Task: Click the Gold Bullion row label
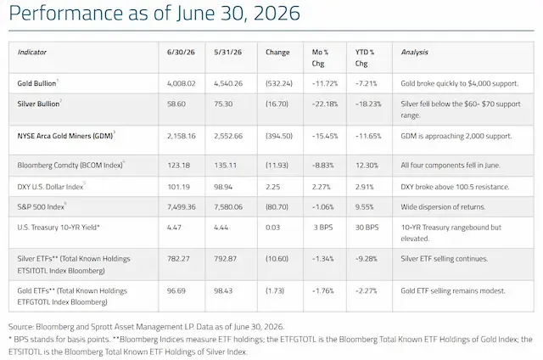36,83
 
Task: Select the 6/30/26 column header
181,53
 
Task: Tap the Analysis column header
415,53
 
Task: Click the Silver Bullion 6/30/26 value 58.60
176,104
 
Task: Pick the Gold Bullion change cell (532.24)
279,83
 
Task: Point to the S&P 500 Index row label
41,207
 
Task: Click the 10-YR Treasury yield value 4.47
174,228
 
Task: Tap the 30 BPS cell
367,228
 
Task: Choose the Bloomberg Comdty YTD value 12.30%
367,166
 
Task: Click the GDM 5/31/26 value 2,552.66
228,136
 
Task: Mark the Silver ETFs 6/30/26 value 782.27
178,259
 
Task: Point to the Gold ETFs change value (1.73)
275,290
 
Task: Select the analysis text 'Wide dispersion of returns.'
443,207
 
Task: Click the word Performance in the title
66,14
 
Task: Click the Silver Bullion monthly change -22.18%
325,104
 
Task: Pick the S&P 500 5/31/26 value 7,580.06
228,207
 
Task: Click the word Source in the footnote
20,327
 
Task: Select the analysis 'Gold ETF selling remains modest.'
453,290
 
